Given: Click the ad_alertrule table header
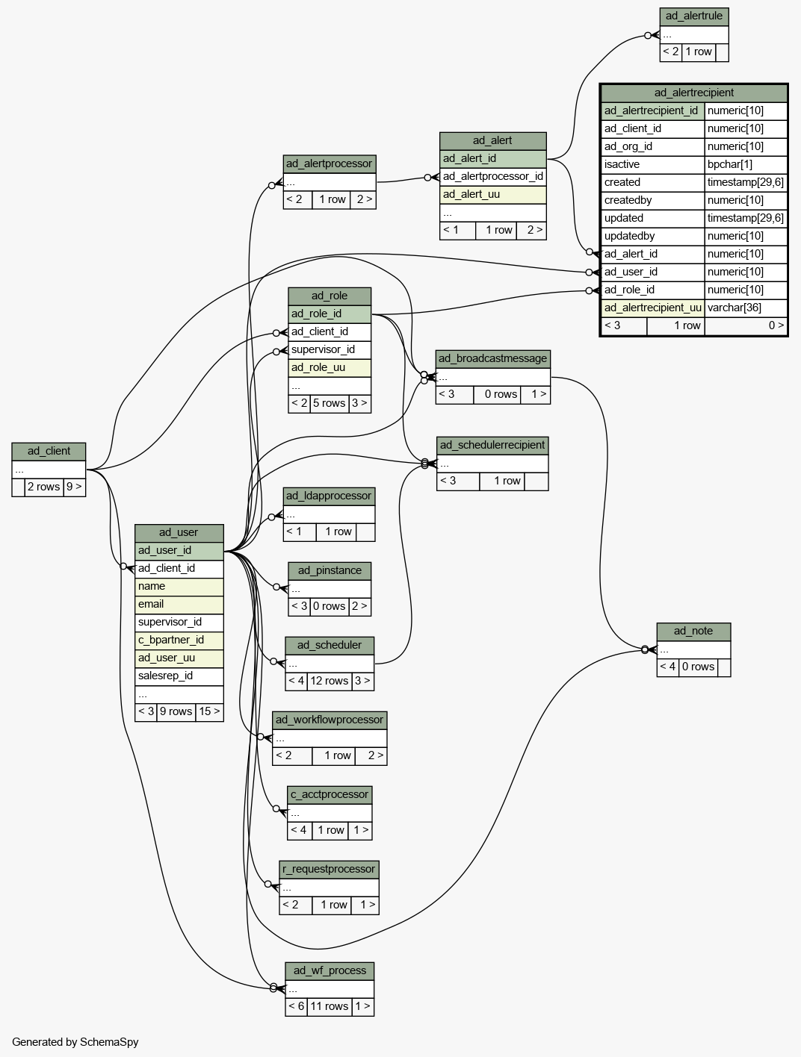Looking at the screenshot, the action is [x=693, y=16].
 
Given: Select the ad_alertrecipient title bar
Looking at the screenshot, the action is [x=693, y=93].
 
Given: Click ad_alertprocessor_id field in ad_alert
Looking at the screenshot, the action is [x=492, y=176].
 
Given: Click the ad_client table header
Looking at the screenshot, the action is [x=49, y=451].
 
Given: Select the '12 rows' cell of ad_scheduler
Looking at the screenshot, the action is [x=330, y=681].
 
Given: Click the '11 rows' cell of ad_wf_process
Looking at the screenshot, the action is [x=330, y=1006].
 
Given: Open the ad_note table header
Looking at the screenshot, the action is [x=693, y=632].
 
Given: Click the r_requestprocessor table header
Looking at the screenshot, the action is [x=330, y=869].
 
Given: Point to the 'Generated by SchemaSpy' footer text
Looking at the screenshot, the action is [x=75, y=1042].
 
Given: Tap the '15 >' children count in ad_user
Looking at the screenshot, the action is [x=210, y=711].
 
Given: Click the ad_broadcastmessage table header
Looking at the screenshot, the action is [x=492, y=359].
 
